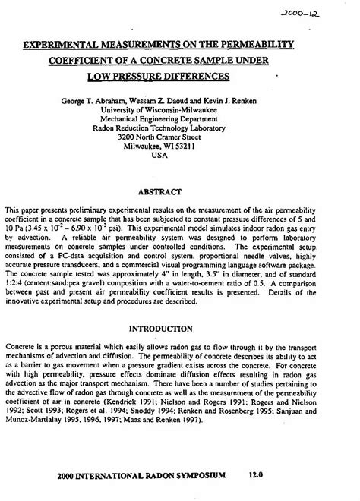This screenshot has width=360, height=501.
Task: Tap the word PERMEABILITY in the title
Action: tap(254, 46)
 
